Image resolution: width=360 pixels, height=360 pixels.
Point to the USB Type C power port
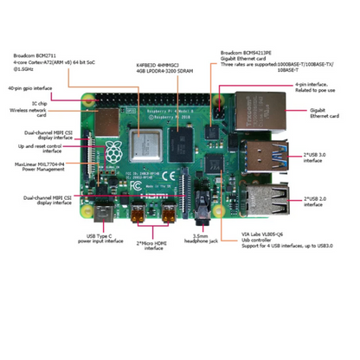tap(105, 211)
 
